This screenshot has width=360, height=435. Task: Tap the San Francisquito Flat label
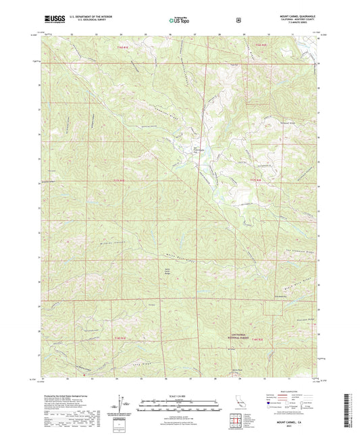tap(199, 150)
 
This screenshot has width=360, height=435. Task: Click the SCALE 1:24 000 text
tap(179, 395)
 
